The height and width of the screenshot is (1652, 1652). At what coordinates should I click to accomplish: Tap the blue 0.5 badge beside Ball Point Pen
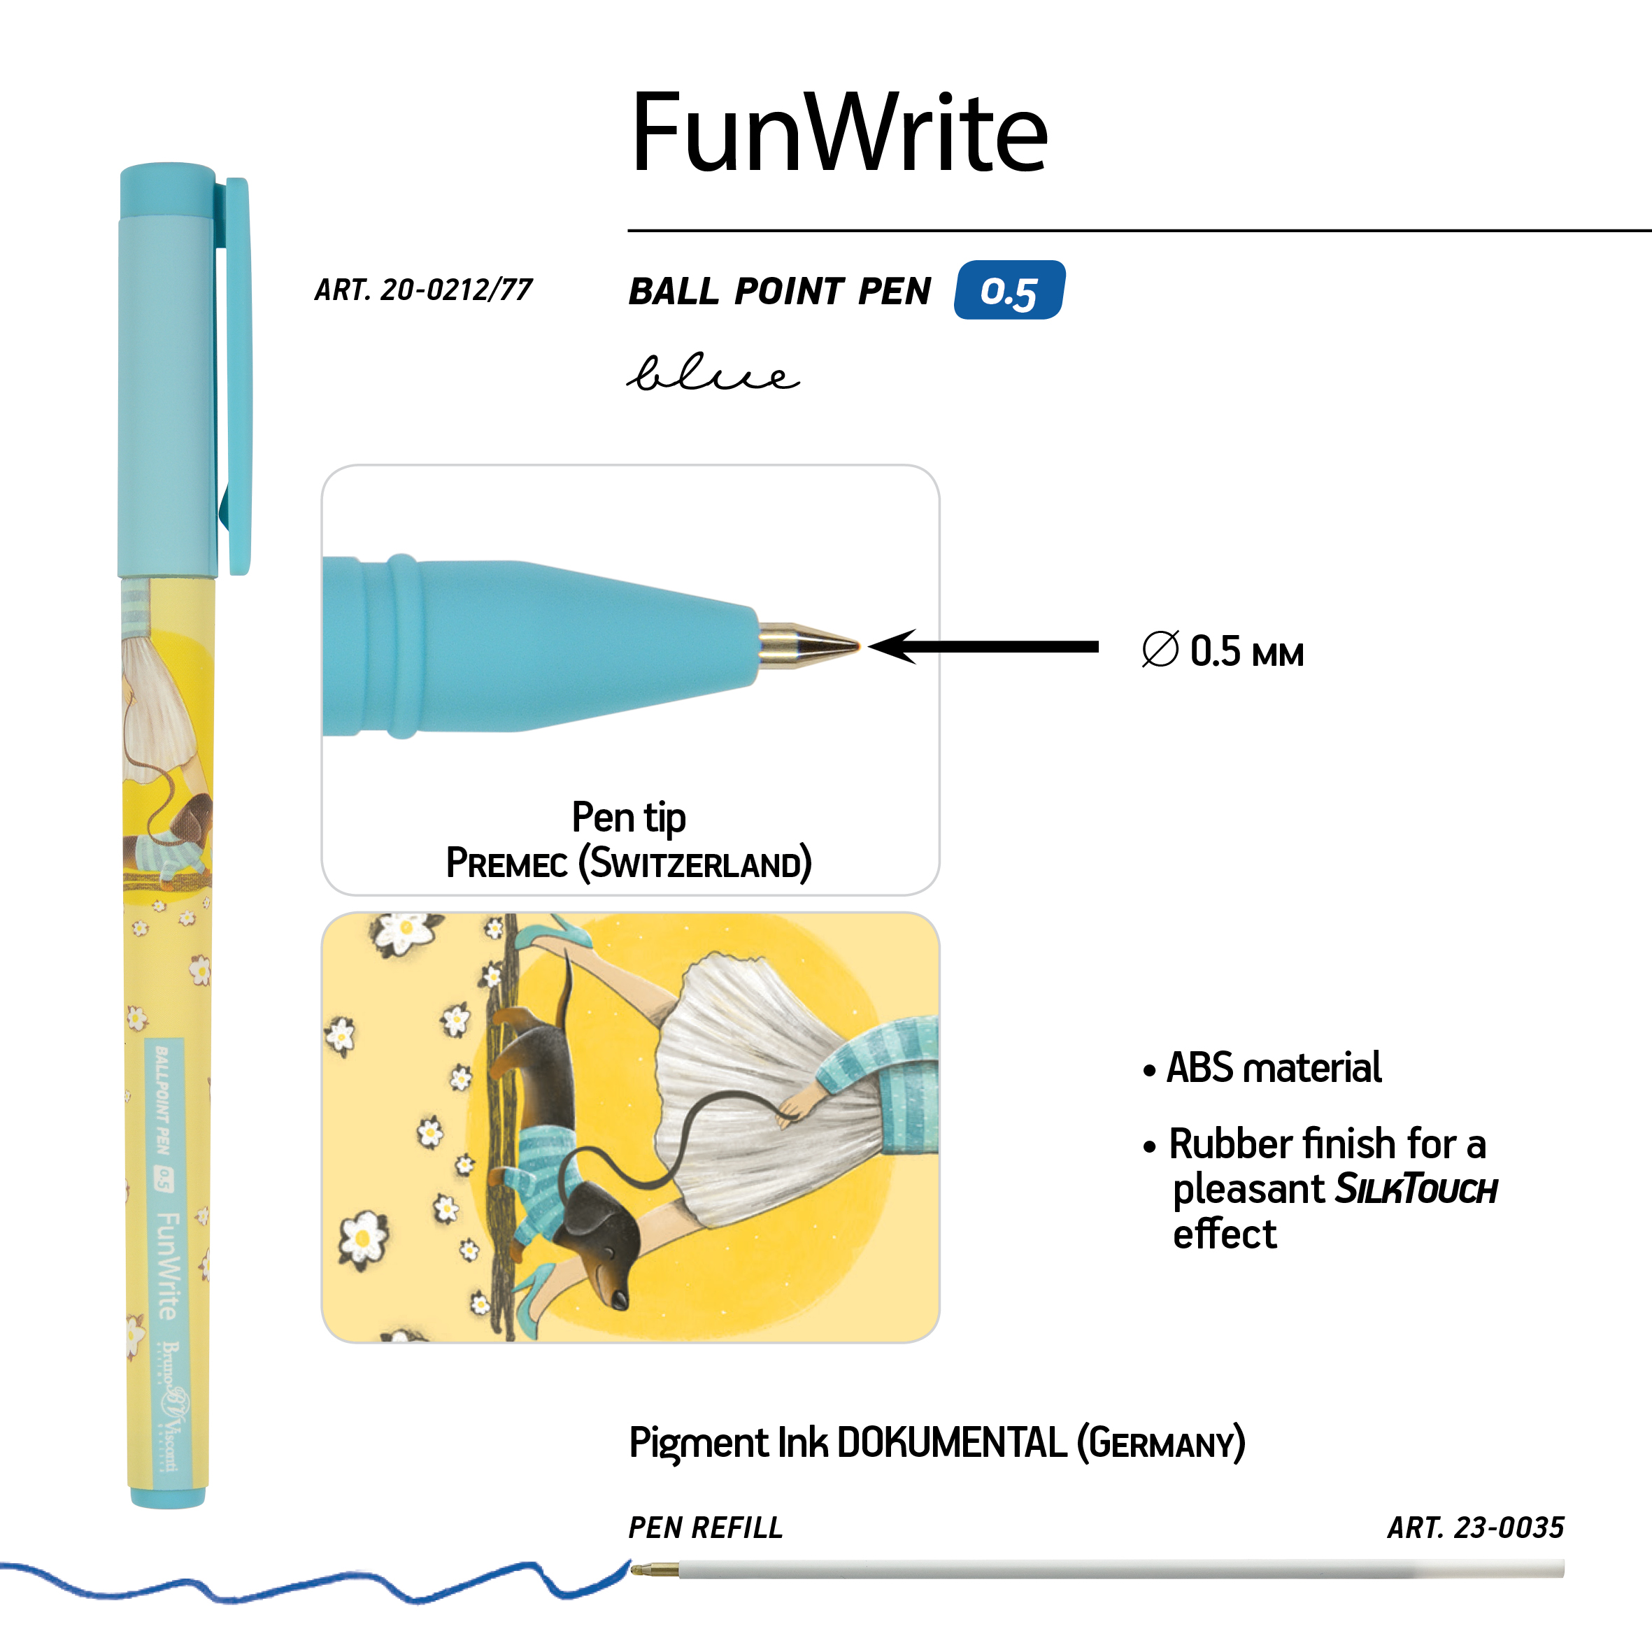click(1009, 291)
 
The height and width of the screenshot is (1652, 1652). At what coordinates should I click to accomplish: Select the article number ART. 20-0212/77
click(423, 290)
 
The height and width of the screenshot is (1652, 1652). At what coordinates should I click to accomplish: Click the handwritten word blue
click(712, 373)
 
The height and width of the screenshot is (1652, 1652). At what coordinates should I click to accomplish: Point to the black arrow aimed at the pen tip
click(983, 646)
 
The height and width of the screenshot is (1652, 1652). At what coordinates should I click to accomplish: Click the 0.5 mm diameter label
click(1223, 652)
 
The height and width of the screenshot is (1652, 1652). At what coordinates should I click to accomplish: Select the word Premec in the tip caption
click(506, 864)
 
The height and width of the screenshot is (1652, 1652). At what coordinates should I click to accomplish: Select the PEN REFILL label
click(706, 1528)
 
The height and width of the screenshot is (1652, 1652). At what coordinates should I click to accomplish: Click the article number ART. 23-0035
click(1475, 1528)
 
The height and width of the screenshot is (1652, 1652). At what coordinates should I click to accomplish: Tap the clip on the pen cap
click(237, 376)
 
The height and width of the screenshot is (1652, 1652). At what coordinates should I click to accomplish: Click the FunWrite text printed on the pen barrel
click(169, 1265)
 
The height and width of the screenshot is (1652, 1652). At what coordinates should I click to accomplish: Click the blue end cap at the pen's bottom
click(168, 1496)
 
